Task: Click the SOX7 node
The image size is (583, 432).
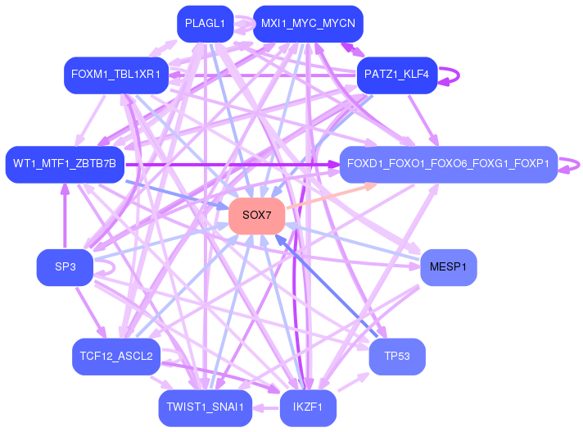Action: pyautogui.click(x=257, y=216)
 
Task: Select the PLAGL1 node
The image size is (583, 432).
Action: pyautogui.click(x=206, y=24)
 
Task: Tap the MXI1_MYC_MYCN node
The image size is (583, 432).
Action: pyautogui.click(x=308, y=24)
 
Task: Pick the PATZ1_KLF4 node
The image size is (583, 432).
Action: pyautogui.click(x=397, y=75)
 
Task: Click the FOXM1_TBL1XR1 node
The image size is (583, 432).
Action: pyautogui.click(x=116, y=75)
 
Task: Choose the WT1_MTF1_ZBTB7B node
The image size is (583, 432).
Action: pyautogui.click(x=65, y=165)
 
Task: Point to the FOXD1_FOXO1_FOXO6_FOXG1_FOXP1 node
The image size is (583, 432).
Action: pyautogui.click(x=449, y=165)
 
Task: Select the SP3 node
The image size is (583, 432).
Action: pyautogui.click(x=65, y=267)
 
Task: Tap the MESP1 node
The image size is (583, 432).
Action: pyautogui.click(x=449, y=267)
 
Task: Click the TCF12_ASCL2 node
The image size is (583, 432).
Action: pyautogui.click(x=116, y=357)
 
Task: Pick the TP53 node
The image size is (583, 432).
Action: pyautogui.click(x=397, y=357)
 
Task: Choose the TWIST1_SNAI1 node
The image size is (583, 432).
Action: pyautogui.click(x=206, y=408)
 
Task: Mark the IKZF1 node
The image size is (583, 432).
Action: pyautogui.click(x=308, y=408)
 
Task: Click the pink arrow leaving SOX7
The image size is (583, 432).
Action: pyautogui.click(x=332, y=195)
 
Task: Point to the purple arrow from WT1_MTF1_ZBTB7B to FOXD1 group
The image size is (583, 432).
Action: pyautogui.click(x=232, y=164)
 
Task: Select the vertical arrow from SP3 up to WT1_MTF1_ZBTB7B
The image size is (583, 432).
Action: pyautogui.click(x=65, y=216)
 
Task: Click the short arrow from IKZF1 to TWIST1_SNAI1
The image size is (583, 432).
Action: pyautogui.click(x=266, y=408)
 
